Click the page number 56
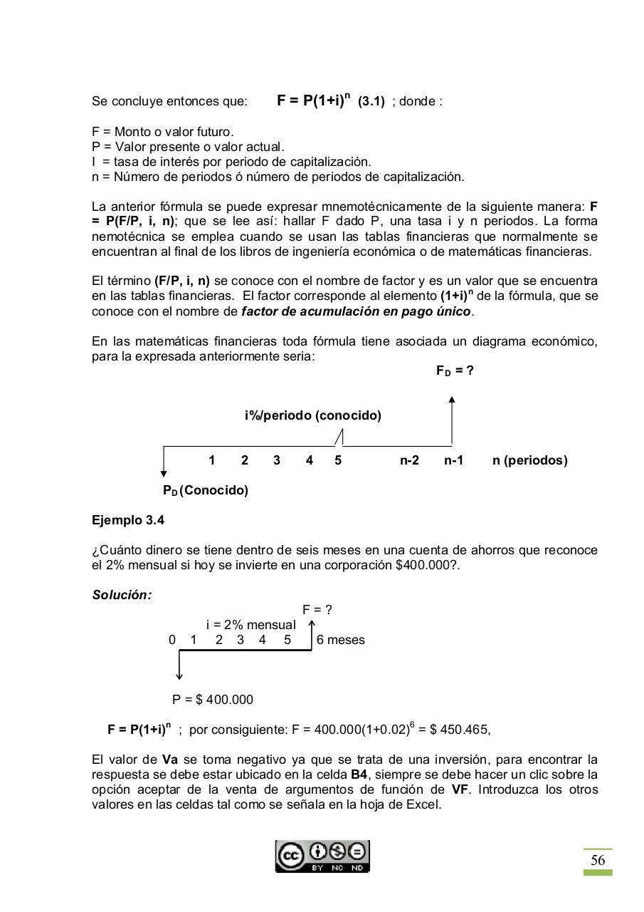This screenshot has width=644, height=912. [598, 861]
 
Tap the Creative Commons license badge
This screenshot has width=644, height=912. [323, 856]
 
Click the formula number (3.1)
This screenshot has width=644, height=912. [371, 102]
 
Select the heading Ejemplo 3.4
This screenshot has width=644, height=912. [128, 520]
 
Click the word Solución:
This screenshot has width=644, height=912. [122, 595]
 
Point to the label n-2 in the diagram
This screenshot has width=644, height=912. [409, 460]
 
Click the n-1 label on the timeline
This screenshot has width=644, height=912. [453, 460]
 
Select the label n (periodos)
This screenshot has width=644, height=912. [529, 460]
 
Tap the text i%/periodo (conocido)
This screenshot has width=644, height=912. [312, 415]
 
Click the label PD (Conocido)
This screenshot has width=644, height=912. [205, 491]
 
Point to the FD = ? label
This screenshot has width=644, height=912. [455, 371]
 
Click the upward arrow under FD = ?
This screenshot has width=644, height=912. [452, 420]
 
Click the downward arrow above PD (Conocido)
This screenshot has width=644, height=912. [164, 463]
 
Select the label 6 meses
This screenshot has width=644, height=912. [341, 640]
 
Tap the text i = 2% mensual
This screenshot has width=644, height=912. [250, 625]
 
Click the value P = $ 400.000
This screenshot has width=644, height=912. [213, 700]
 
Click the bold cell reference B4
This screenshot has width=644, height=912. [360, 774]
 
